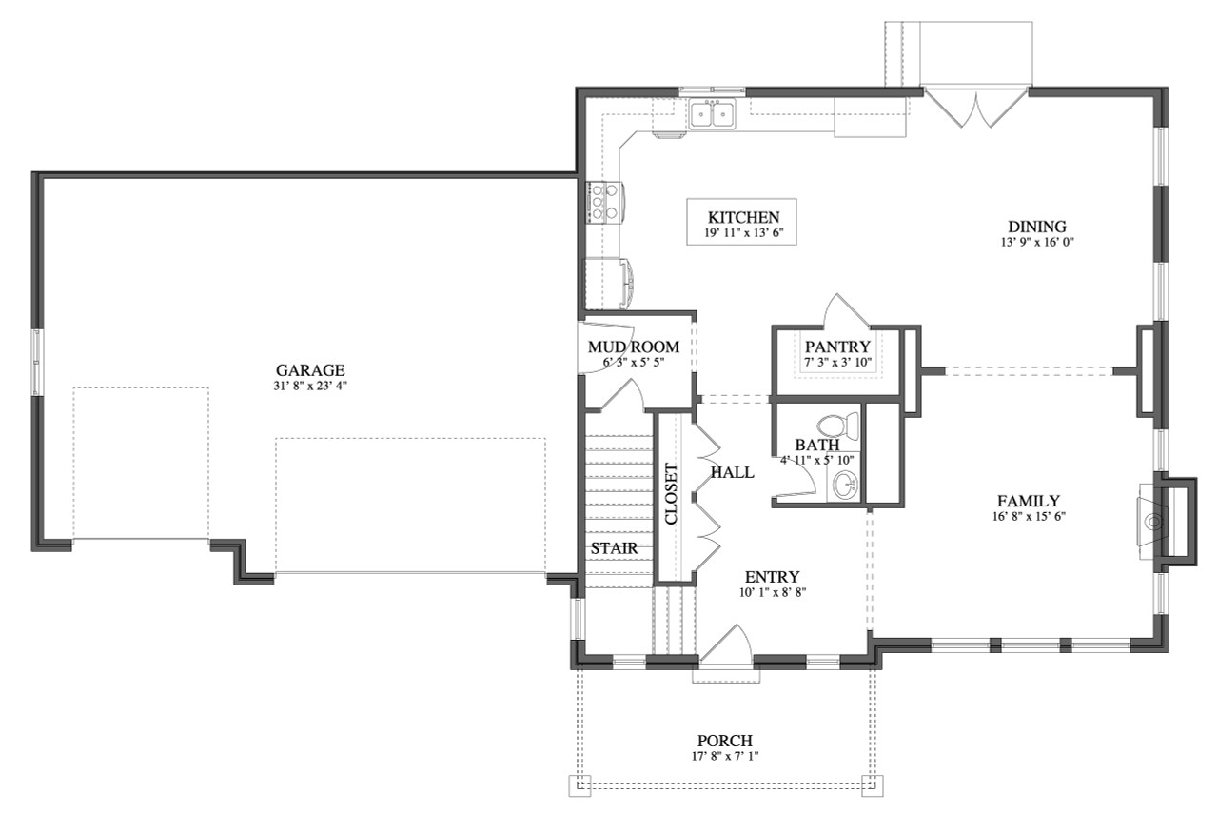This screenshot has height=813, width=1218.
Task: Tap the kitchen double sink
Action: (x=712, y=114)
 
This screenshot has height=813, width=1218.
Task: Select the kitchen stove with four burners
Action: (x=602, y=203)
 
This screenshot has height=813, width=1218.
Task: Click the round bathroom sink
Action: (x=844, y=486)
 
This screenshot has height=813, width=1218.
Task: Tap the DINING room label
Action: (x=1036, y=227)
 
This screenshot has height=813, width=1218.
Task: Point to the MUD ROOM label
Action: (x=633, y=347)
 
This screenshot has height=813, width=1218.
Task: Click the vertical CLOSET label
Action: (x=671, y=494)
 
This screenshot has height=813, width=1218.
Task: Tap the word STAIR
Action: (x=614, y=549)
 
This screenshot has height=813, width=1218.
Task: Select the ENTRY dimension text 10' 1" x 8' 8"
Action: (x=772, y=592)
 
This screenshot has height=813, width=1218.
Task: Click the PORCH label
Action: (x=724, y=741)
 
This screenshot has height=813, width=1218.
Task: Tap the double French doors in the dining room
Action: (x=976, y=108)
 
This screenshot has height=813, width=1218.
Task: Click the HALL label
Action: (x=733, y=472)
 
